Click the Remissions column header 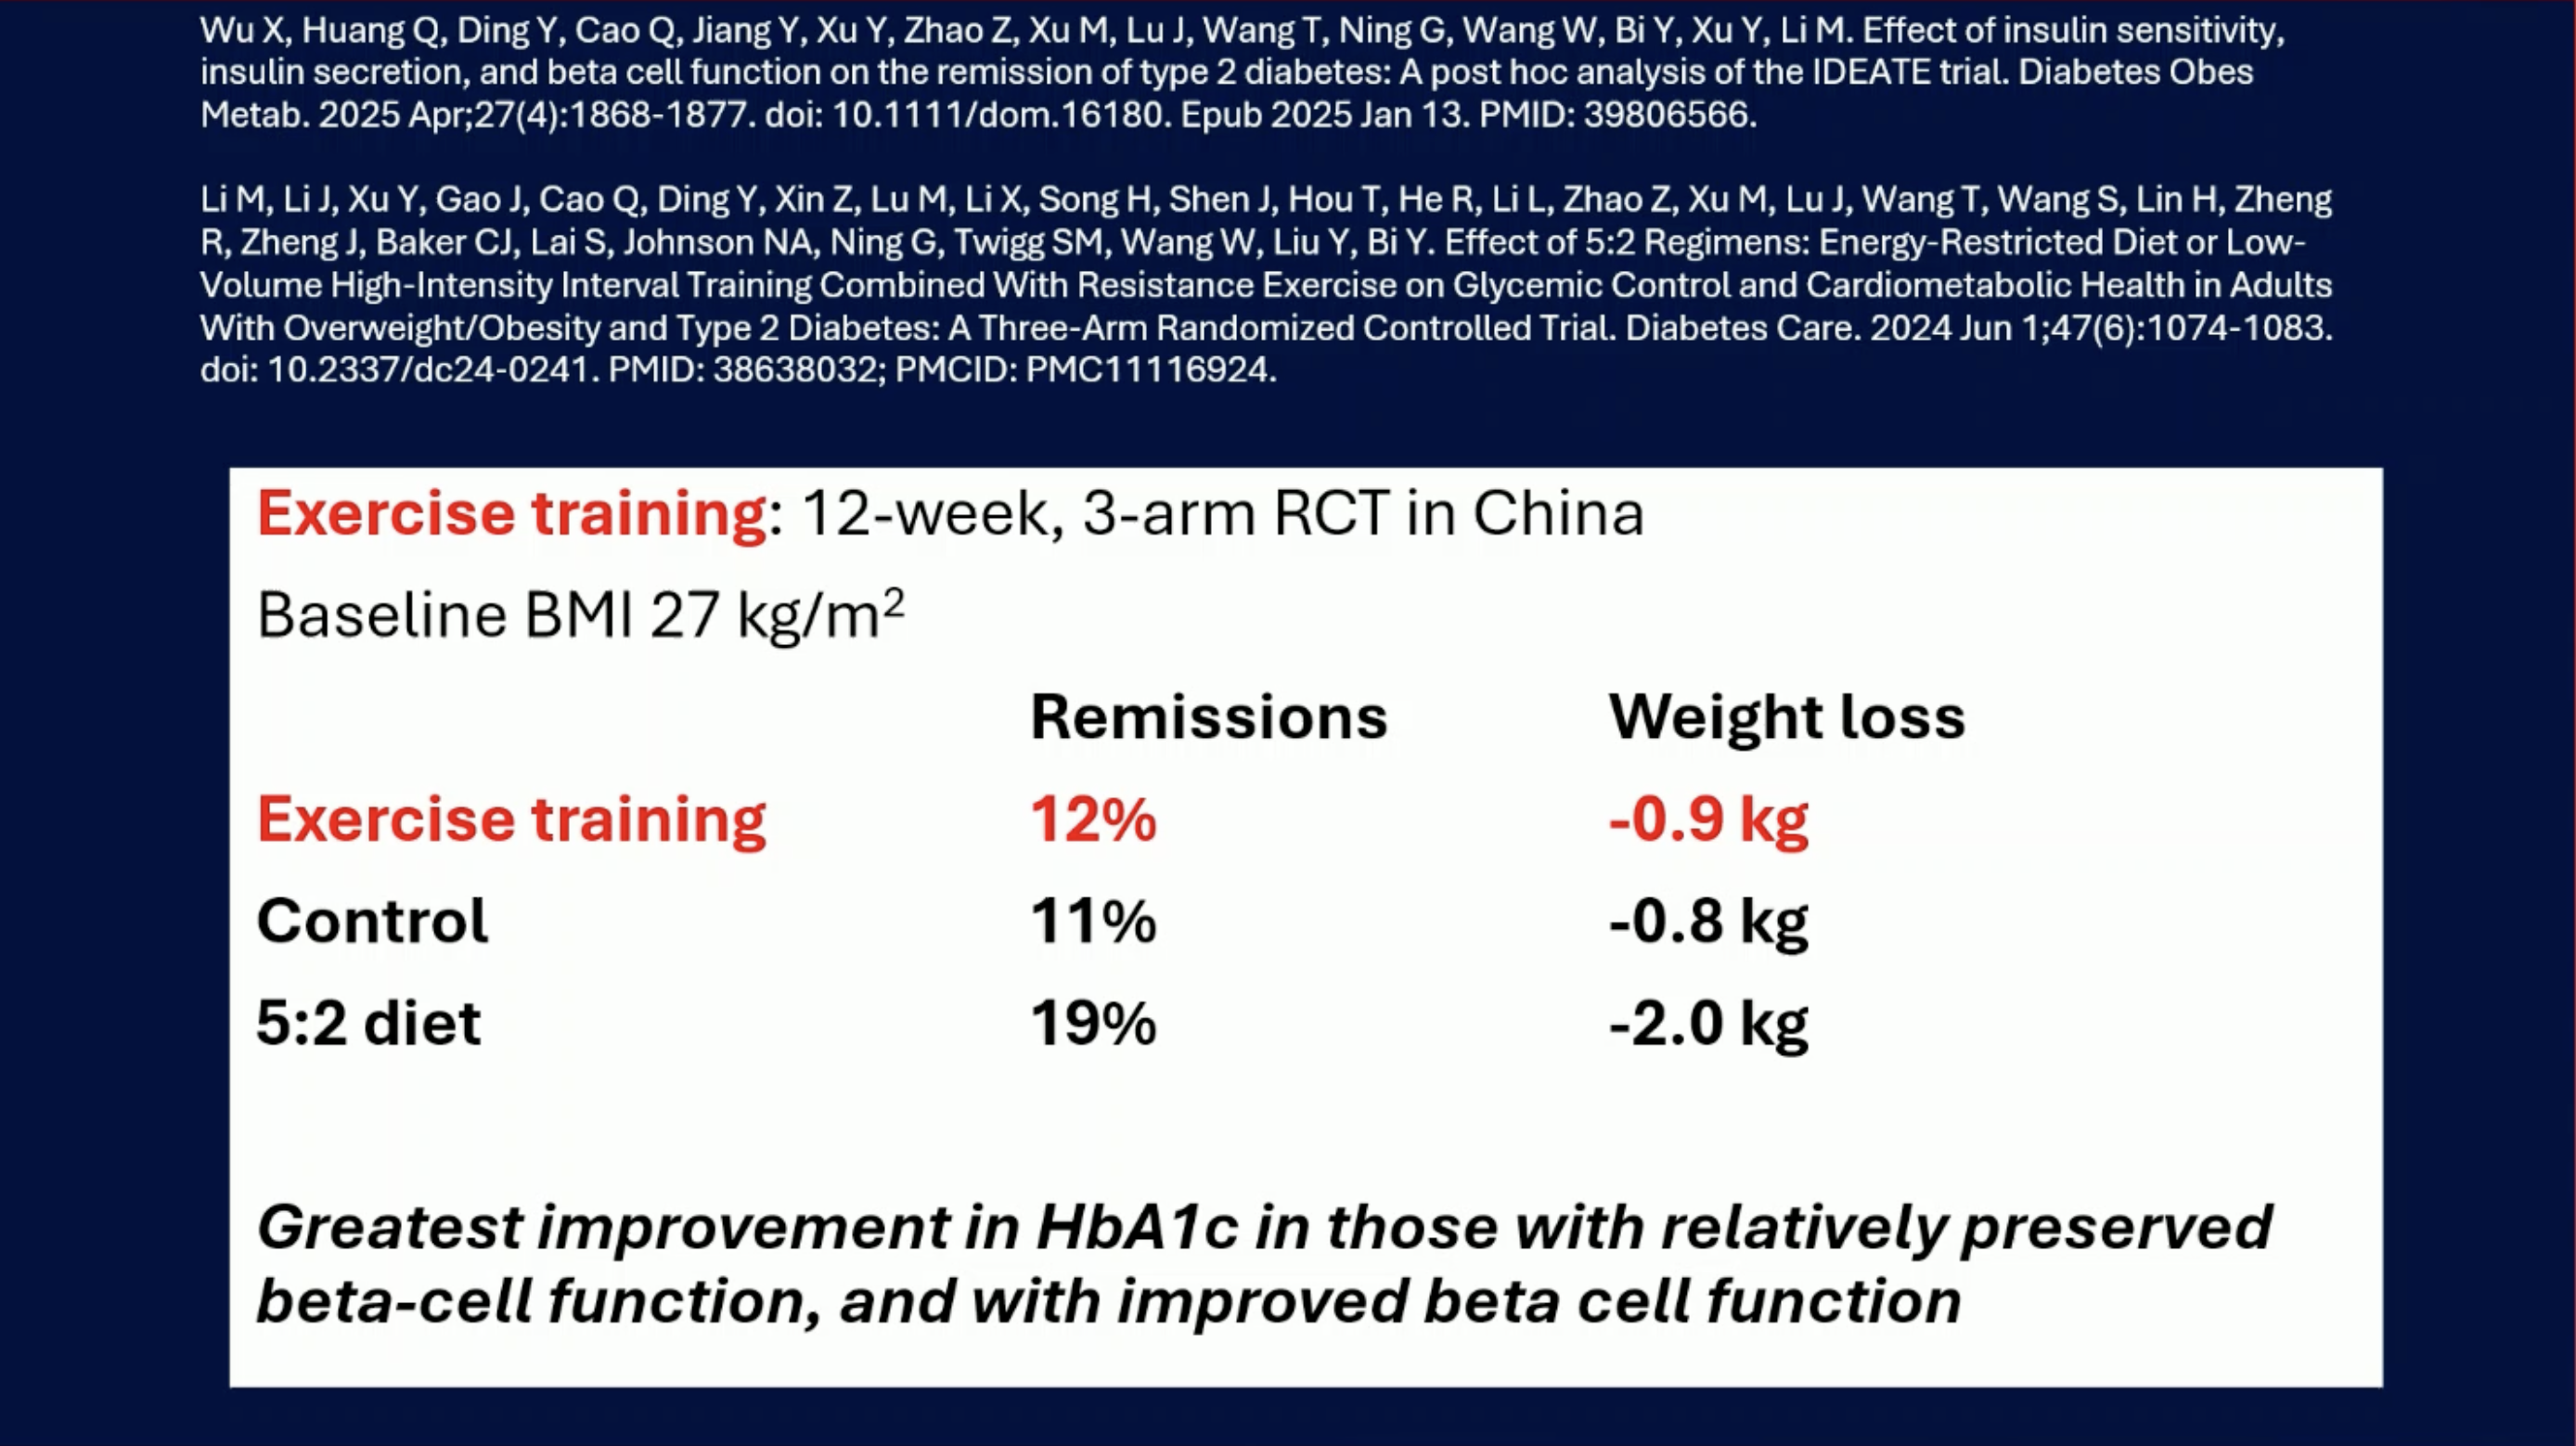tap(1209, 717)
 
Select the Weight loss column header tap(1787, 717)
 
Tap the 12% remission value tap(1093, 820)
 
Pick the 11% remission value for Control tap(1093, 921)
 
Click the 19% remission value tap(1093, 1023)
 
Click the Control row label tap(372, 921)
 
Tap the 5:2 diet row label tap(369, 1023)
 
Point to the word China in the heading tap(1558, 514)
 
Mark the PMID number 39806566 tap(1666, 115)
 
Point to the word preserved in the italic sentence tap(2117, 1229)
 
